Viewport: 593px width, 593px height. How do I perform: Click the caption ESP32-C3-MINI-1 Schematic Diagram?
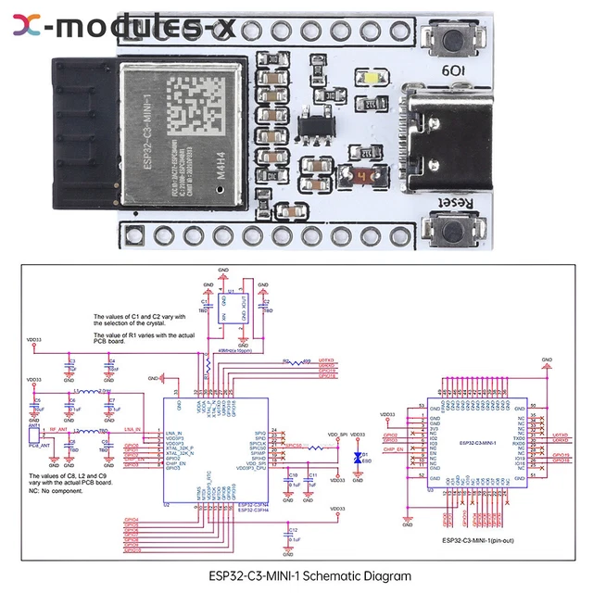(x=296, y=575)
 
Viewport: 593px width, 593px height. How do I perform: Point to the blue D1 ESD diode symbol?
(x=358, y=458)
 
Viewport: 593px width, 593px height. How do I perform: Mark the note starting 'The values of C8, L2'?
(x=56, y=479)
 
